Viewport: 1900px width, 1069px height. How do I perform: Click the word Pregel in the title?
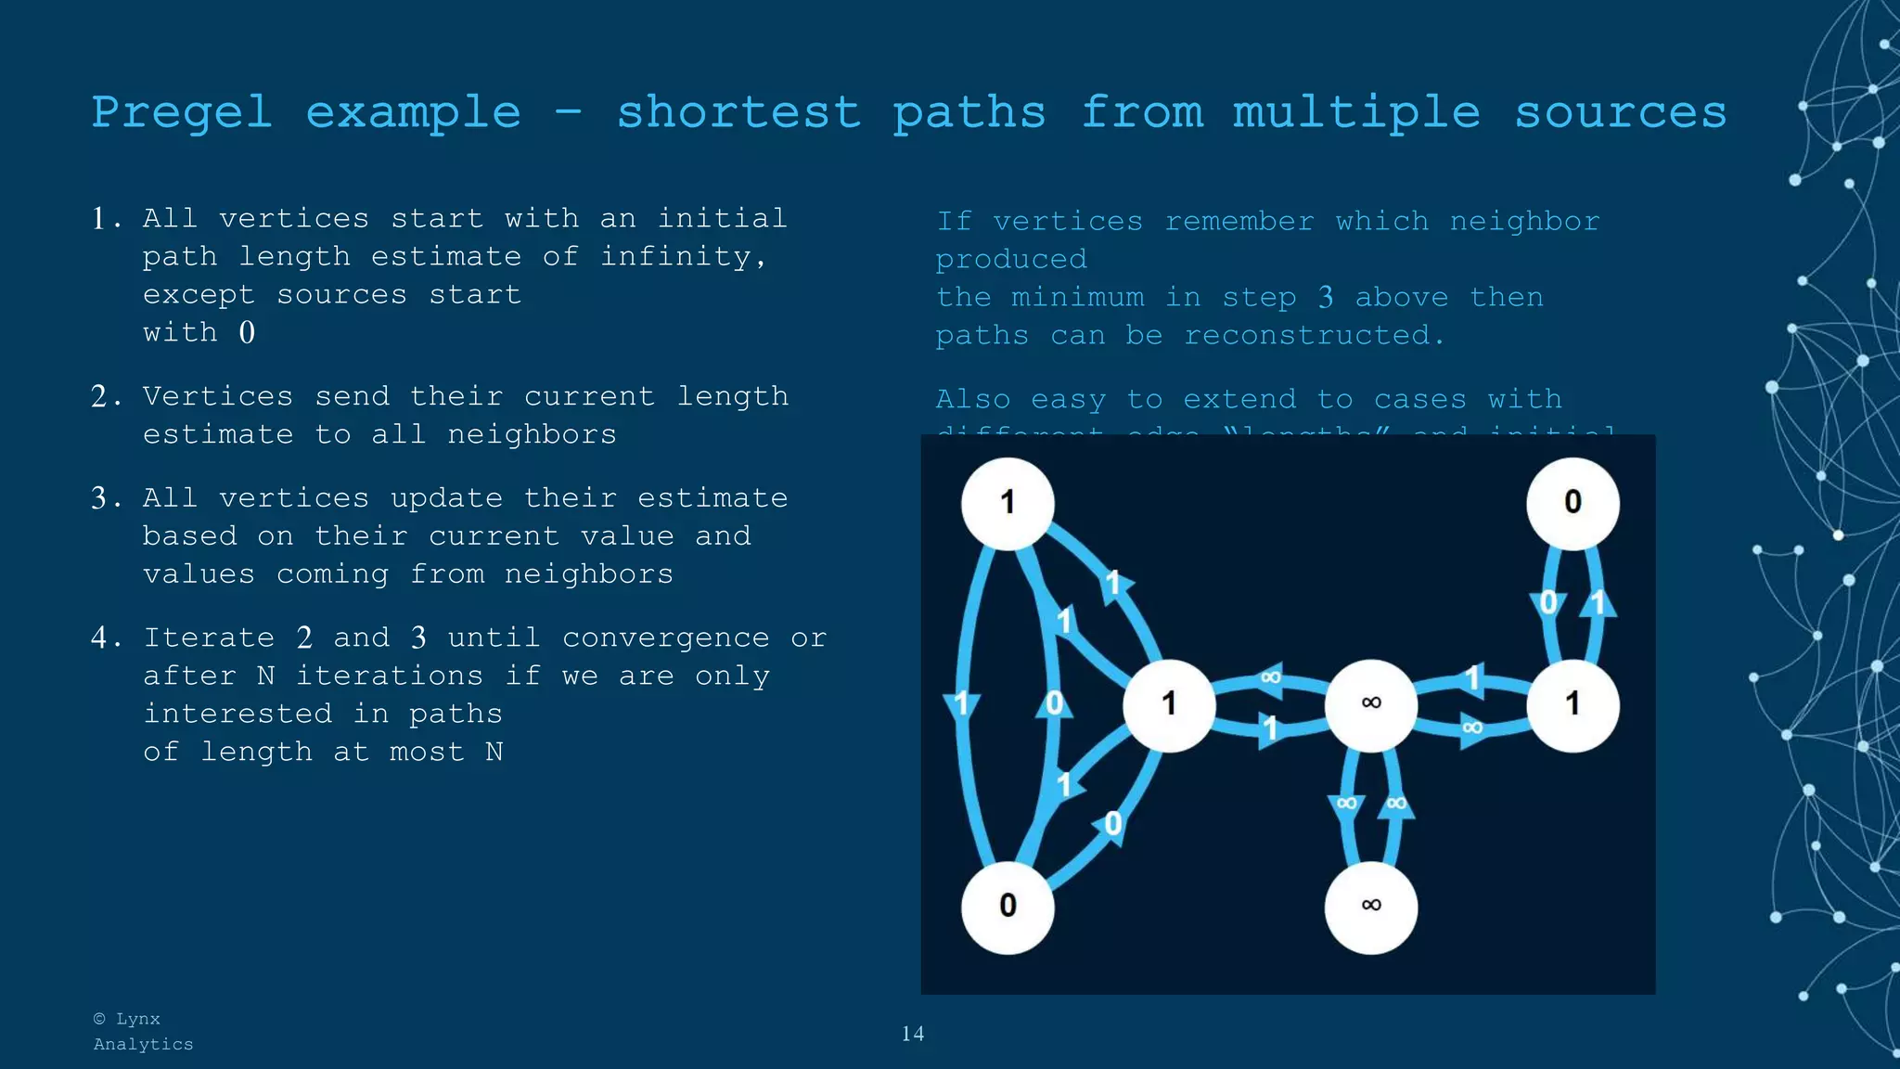click(x=182, y=113)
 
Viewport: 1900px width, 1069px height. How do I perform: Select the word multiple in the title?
click(x=1356, y=113)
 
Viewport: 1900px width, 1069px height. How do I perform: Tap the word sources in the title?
click(x=1621, y=113)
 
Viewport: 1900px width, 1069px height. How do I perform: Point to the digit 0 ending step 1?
click(x=247, y=332)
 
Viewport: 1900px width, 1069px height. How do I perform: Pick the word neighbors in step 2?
click(x=532, y=434)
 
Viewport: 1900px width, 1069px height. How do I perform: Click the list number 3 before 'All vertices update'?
click(x=100, y=498)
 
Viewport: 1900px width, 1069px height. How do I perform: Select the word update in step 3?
click(x=446, y=498)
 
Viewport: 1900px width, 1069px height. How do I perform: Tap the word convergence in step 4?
click(x=665, y=638)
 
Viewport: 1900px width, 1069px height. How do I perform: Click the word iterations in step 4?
click(x=390, y=676)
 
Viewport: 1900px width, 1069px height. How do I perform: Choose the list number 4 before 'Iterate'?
click(x=100, y=638)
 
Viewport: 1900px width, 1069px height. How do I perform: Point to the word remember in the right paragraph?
click(x=1239, y=222)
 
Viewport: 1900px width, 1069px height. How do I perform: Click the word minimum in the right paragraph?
click(x=1077, y=298)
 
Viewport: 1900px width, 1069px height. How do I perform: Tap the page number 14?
click(x=912, y=1034)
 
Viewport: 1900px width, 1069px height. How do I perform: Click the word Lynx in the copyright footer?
click(x=137, y=1019)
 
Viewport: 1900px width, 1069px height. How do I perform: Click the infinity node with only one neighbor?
click(x=1370, y=906)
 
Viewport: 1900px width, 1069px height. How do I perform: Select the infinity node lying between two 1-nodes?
click(x=1370, y=704)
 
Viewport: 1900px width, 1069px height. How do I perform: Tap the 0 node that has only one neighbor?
click(x=1573, y=503)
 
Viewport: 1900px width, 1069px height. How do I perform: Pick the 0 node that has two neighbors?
click(x=1008, y=906)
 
